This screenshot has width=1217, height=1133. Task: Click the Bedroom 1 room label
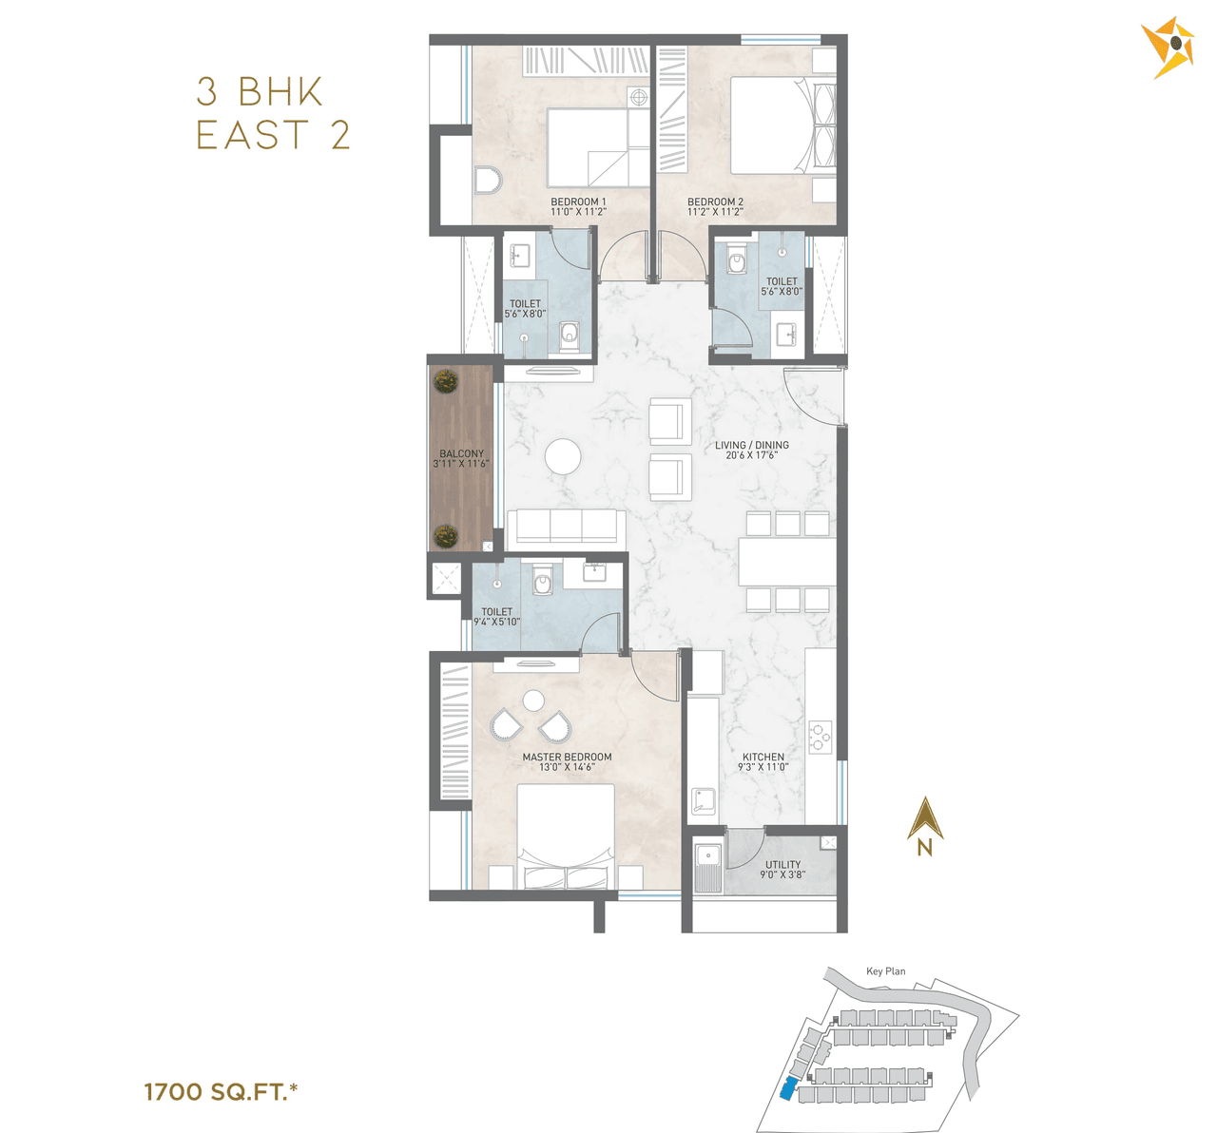click(x=578, y=206)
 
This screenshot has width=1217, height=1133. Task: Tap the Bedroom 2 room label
click(x=715, y=206)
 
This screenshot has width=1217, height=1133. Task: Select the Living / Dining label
click(x=752, y=450)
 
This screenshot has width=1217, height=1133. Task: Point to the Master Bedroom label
click(x=567, y=762)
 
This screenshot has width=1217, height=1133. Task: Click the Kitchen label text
click(x=763, y=762)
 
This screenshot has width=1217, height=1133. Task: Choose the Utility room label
click(x=782, y=870)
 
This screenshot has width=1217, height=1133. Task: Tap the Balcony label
click(x=461, y=459)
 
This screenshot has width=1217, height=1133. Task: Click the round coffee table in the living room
click(x=563, y=457)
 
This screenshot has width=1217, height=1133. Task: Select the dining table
click(x=787, y=562)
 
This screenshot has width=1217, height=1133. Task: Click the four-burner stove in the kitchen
click(x=820, y=734)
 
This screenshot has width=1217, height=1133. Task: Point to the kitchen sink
click(x=703, y=801)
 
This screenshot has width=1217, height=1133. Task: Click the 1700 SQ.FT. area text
click(x=221, y=1092)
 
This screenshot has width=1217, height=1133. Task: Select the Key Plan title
click(x=885, y=971)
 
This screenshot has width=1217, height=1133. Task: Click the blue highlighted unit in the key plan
click(x=789, y=1090)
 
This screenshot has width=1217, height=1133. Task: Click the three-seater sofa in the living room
click(x=566, y=527)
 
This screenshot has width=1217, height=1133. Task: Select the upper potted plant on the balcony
click(x=445, y=382)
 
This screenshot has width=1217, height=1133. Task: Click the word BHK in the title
click(x=280, y=92)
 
